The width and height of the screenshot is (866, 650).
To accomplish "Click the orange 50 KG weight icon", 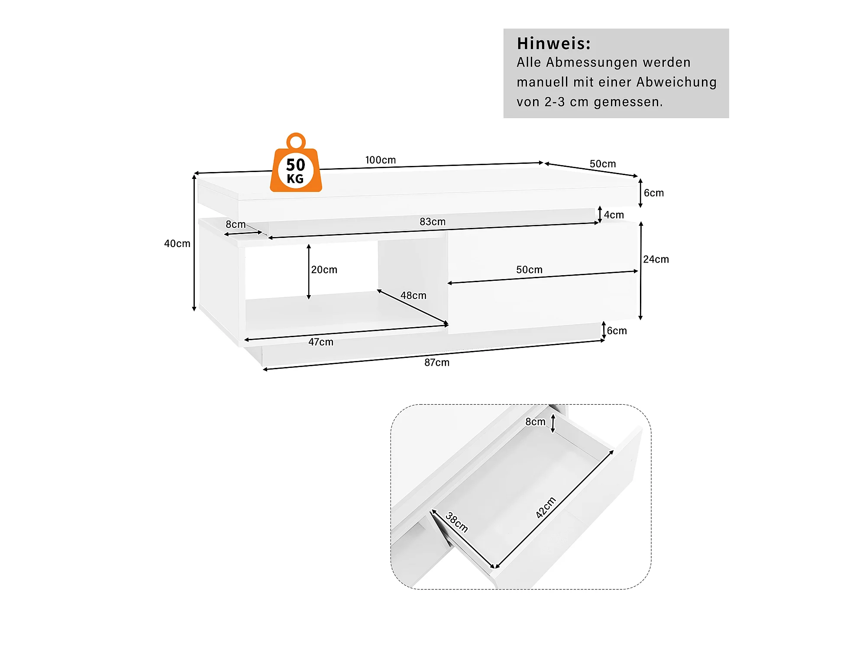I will tap(296, 167).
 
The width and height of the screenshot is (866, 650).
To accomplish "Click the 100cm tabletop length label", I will tap(380, 160).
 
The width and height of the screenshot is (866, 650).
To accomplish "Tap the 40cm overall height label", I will tap(177, 244).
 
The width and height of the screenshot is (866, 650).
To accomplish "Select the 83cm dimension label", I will tap(432, 222).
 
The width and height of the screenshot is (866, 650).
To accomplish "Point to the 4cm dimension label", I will tap(614, 215).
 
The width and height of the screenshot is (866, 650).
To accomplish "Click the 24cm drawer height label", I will tap(656, 260).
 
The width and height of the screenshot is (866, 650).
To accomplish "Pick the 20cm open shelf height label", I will tap(324, 270).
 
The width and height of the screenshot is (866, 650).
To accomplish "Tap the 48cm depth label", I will tap(413, 296).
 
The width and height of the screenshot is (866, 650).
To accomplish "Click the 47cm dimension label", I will tap(321, 342).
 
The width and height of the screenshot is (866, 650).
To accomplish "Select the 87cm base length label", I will tap(436, 363).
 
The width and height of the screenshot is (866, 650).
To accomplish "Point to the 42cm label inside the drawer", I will tap(546, 507).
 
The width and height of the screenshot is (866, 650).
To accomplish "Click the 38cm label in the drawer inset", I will tap(457, 522).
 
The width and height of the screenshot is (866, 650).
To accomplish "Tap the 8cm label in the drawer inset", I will tap(535, 422).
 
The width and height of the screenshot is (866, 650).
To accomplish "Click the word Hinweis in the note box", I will tap(553, 44).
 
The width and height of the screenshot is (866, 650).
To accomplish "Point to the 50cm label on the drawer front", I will tap(529, 270).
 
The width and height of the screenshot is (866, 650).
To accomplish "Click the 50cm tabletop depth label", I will tap(602, 164).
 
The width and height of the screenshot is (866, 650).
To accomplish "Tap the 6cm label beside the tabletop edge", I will tap(653, 193).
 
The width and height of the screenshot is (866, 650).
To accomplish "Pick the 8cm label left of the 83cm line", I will tap(236, 224).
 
